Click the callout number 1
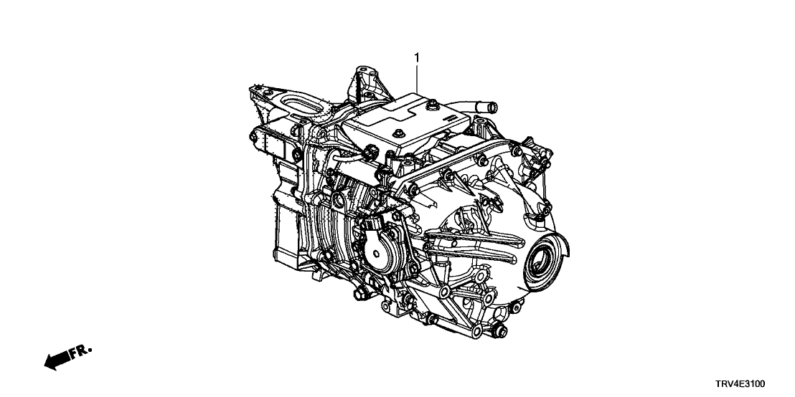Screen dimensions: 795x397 point(417,58)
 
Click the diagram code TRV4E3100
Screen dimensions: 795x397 point(740,384)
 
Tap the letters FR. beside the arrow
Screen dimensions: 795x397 point(81,351)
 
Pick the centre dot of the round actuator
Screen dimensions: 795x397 point(376,254)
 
